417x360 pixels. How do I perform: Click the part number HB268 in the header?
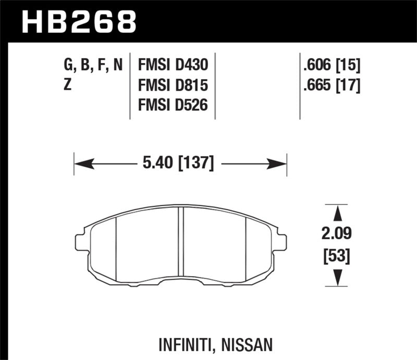(x=79, y=22)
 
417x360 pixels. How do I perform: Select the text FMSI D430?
(x=173, y=65)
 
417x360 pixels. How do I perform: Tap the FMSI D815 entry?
(x=173, y=85)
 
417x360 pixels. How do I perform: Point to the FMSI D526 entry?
(x=173, y=105)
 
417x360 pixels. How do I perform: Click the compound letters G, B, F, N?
(x=93, y=65)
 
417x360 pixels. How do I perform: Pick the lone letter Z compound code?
(x=67, y=85)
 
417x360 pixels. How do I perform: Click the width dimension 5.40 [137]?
(x=177, y=164)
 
